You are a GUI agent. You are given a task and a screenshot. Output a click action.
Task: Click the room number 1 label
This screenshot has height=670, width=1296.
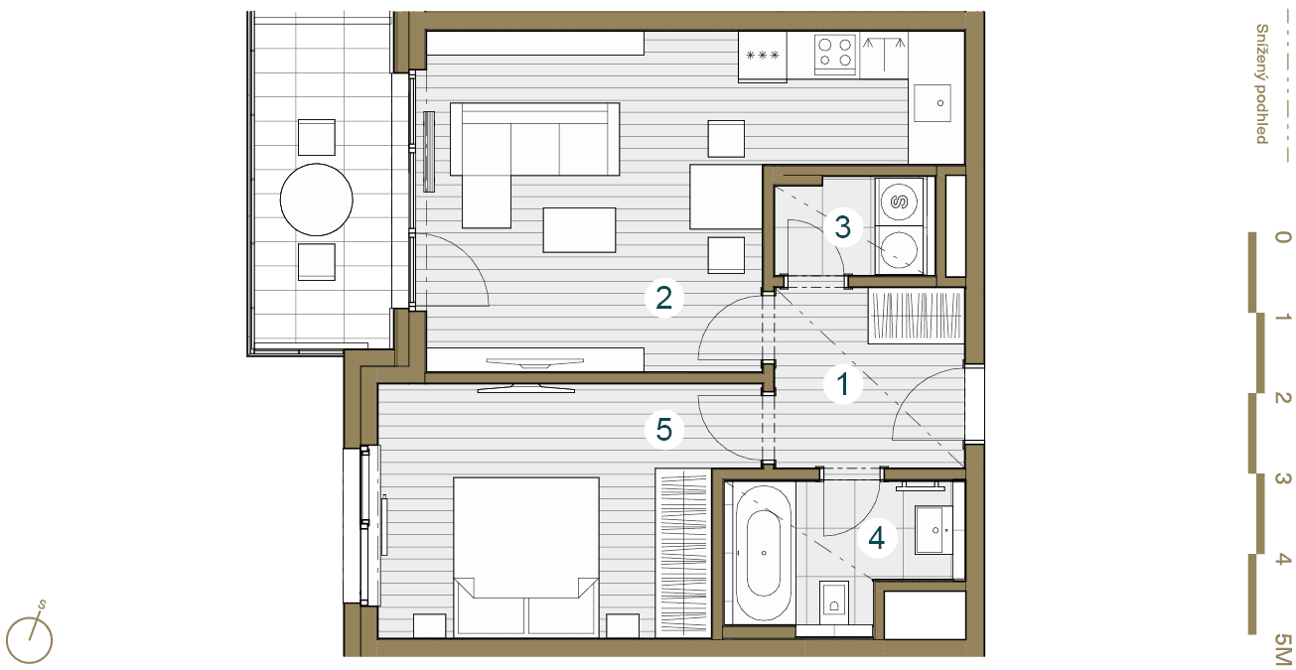843,384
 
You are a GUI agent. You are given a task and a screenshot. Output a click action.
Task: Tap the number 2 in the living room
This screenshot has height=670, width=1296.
663,298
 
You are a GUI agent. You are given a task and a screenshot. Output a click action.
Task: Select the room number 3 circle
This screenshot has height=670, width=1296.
843,227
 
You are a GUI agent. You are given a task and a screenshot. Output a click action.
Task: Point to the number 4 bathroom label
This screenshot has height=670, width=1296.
877,538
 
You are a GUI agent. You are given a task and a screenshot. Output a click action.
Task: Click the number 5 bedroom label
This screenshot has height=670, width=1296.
663,430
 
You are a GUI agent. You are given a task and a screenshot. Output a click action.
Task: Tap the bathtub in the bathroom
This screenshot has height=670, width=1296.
763,552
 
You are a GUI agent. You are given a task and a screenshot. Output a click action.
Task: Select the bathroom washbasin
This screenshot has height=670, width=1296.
934,530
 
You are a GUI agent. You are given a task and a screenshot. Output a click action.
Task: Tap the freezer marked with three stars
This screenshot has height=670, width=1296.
762,56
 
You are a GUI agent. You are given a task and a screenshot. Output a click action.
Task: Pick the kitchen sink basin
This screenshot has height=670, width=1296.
933,103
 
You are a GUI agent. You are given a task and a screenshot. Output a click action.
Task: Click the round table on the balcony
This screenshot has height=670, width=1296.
317,200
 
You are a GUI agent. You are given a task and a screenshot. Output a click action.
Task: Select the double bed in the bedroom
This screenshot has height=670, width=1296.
526,556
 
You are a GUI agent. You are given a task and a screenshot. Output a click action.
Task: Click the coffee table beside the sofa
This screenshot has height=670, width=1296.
579,230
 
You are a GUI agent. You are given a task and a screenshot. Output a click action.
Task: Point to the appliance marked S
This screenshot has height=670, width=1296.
899,201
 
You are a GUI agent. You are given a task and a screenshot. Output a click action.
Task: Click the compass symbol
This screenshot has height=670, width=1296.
30,636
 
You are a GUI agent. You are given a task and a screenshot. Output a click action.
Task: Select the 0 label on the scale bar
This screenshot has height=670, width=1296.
1283,237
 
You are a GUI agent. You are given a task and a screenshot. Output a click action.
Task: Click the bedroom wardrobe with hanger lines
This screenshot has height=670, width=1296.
682,553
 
